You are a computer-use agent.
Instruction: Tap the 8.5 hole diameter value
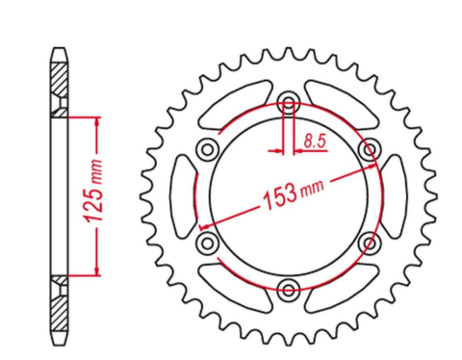click(x=313, y=141)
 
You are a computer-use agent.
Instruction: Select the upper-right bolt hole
click(x=368, y=149)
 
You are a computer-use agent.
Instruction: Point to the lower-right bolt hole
click(x=368, y=242)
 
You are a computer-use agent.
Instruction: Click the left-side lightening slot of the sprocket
click(x=183, y=195)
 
